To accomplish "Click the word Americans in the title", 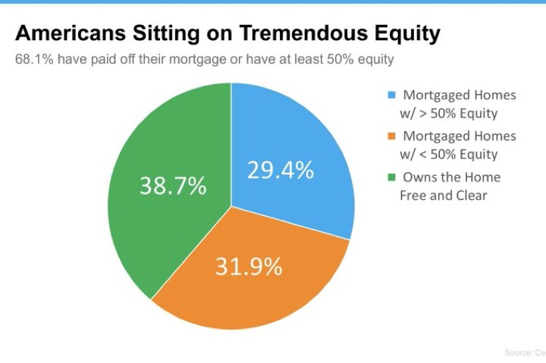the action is coord(71,33).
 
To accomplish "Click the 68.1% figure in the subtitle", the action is coord(34,59).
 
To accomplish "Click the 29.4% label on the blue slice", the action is coord(281,171).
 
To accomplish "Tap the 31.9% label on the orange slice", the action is coord(249,267).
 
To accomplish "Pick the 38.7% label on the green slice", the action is coord(173,185).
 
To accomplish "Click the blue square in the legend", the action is coord(392,95).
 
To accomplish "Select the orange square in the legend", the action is coord(392,136).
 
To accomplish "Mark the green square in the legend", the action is coord(392,177).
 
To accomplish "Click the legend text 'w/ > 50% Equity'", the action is coord(449,114).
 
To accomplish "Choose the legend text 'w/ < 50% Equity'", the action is coord(449,155).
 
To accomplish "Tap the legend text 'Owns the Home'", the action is coord(452,177).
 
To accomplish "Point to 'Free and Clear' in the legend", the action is coord(444,196).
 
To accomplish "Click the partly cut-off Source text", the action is coord(525,352).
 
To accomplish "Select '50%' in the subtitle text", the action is coord(340,59).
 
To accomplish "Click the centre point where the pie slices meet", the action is coord(231,206).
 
